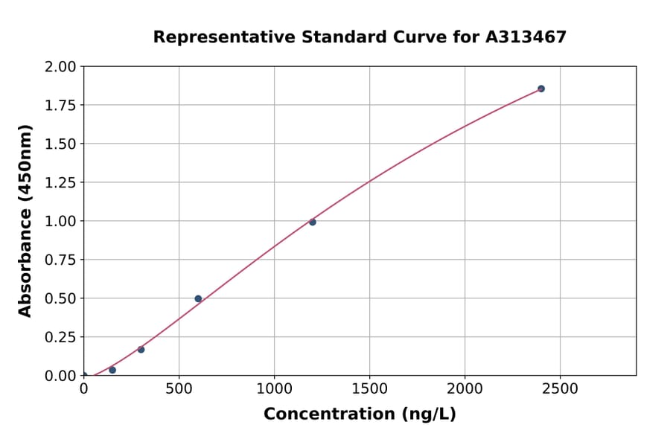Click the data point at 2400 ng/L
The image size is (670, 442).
click(541, 89)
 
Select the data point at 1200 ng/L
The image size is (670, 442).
click(313, 222)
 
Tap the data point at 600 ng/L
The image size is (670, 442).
click(198, 298)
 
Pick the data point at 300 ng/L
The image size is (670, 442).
click(141, 349)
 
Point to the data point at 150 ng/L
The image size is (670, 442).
click(112, 370)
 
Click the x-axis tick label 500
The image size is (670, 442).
click(179, 388)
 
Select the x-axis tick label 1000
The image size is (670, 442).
click(274, 388)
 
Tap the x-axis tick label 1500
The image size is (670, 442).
click(370, 388)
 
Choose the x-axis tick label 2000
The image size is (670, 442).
click(465, 388)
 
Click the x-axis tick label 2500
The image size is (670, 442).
click(561, 388)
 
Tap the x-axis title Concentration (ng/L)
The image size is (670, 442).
click(360, 414)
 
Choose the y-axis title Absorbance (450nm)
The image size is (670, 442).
click(25, 221)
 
